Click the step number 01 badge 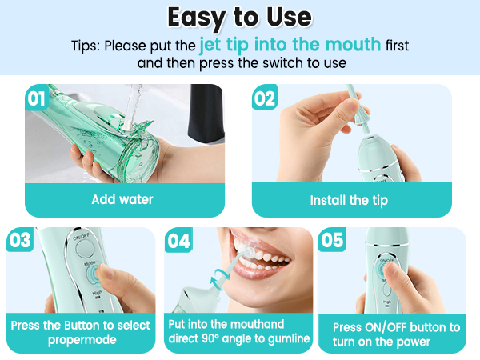(37, 99)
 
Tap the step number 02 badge (265, 99)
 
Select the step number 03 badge (20, 240)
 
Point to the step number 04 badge (179, 240)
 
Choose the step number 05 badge (332, 240)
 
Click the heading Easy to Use (240, 17)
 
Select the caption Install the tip (348, 199)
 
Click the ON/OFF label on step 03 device (80, 238)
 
